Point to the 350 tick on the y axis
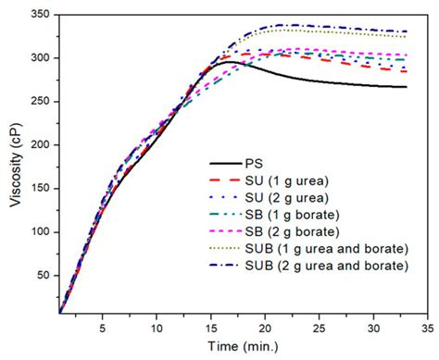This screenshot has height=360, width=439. [x=39, y=16]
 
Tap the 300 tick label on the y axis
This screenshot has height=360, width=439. [x=39, y=58]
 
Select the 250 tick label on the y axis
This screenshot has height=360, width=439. [x=39, y=101]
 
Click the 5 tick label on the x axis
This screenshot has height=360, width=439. [x=103, y=328]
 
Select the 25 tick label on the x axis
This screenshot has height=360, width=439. [x=320, y=328]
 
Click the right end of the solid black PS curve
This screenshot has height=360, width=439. [x=406, y=87]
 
